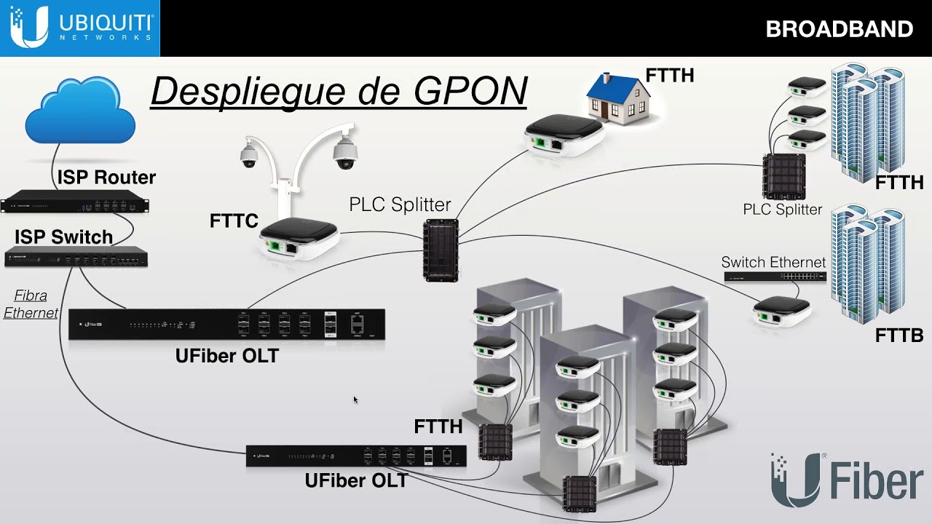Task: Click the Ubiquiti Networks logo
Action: [x=80, y=28]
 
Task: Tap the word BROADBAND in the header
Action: [x=839, y=29]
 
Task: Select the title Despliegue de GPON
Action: [x=339, y=91]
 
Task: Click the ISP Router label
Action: [x=106, y=177]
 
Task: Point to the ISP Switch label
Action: [x=64, y=237]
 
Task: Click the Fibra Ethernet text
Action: [x=31, y=304]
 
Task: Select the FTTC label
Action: [x=234, y=221]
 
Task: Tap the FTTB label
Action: [x=899, y=336]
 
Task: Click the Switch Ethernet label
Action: [x=773, y=262]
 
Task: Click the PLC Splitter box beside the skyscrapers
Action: [x=783, y=177]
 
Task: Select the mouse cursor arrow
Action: [x=355, y=400]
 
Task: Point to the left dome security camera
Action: [x=249, y=154]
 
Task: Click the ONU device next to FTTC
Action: [x=299, y=239]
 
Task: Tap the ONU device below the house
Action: [x=564, y=135]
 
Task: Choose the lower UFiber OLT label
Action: [x=356, y=480]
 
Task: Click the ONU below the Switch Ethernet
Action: [x=781, y=309]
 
